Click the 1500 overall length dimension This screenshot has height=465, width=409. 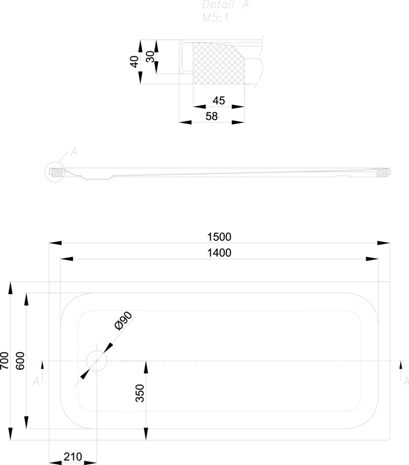pos(219,237)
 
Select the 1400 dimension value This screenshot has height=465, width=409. pos(219,253)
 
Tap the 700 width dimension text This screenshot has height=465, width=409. pos(4,360)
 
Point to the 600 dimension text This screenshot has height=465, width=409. pos(20,360)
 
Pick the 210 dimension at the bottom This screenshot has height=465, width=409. pos(73,456)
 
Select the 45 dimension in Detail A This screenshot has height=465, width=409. pos(219,100)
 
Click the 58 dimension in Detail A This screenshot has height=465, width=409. pos(211,116)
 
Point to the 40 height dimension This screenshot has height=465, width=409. pos(134,62)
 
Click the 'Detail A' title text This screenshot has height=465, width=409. pos(226,5)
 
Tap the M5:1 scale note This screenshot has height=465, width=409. pos(215,18)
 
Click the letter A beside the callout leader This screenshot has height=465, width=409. pos(74,152)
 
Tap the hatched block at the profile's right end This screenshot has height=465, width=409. pos(382,172)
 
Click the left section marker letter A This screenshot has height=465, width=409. pos(36,381)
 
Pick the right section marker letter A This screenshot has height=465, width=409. pos(405,381)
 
